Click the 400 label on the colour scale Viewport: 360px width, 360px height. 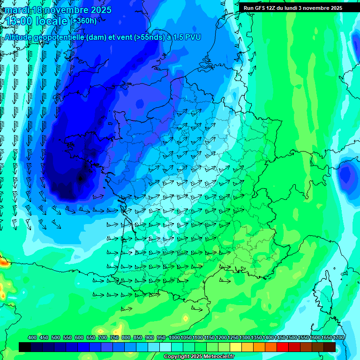point(32,337)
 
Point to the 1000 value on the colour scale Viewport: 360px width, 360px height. point(174,337)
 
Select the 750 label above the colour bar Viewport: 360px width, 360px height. point(114,337)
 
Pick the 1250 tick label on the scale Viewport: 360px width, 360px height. point(233,337)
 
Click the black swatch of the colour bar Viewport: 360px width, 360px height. point(25,347)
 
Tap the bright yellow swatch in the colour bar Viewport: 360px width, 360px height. point(236,347)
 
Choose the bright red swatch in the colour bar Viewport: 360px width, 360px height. point(283,347)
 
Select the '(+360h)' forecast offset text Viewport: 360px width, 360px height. point(84,21)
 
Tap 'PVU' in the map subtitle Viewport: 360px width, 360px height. point(193,37)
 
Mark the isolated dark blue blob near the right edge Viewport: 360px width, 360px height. point(346,174)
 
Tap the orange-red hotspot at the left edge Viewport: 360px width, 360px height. point(3,262)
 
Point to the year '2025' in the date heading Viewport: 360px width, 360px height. point(100,10)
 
